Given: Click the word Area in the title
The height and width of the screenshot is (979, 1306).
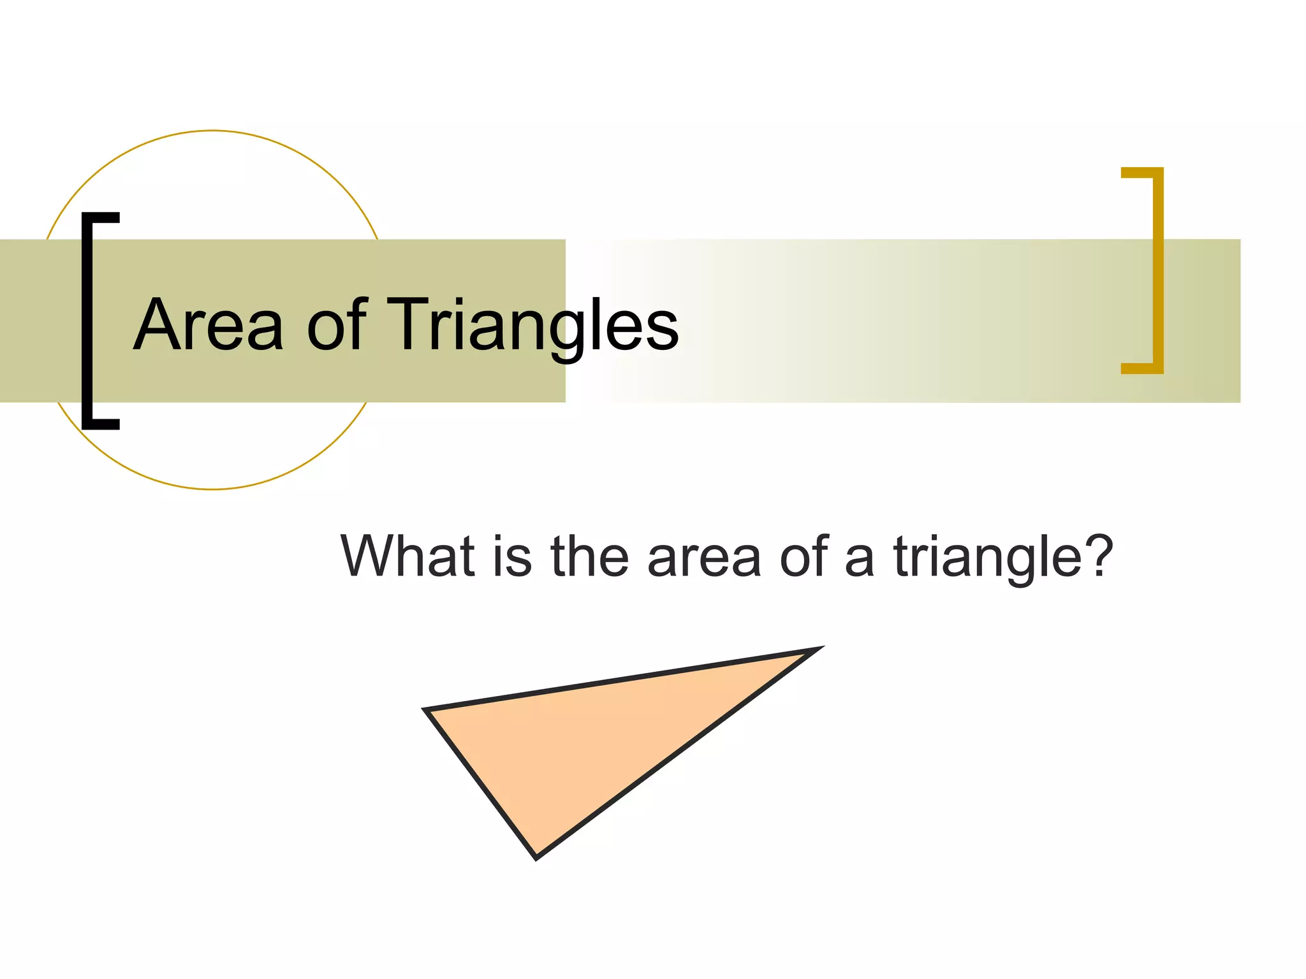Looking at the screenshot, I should (208, 325).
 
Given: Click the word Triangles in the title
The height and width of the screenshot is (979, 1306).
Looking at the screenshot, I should (532, 325).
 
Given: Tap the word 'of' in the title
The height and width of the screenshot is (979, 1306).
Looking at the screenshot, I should (336, 325).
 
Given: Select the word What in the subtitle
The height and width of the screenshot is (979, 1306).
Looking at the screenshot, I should (408, 556).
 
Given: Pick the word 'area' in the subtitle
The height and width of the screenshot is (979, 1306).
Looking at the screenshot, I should (704, 557).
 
